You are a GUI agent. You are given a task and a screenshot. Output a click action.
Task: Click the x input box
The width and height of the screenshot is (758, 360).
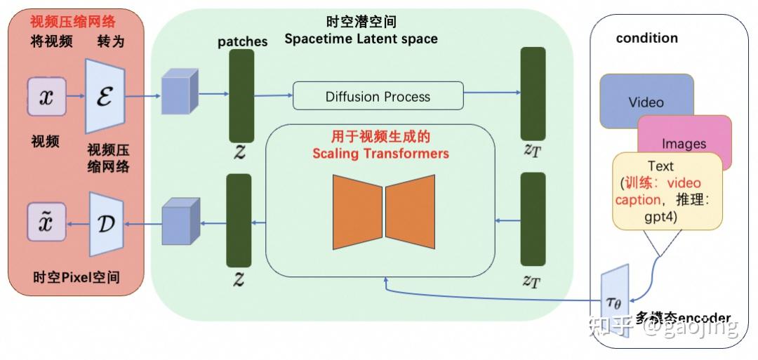46,97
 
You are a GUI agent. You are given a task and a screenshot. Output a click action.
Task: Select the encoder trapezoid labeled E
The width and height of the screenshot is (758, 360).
105,96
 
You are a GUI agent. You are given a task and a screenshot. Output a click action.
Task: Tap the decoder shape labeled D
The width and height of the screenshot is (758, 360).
107,223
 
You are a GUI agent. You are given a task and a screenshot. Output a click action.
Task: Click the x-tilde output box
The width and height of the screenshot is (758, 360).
46,223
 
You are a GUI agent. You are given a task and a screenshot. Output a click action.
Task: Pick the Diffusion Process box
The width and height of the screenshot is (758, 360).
378,96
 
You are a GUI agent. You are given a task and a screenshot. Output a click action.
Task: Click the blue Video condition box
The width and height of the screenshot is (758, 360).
646,101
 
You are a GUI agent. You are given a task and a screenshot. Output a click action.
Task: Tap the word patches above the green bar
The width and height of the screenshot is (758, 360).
242,41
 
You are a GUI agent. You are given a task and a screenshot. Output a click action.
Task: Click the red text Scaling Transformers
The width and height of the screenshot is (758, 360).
390,153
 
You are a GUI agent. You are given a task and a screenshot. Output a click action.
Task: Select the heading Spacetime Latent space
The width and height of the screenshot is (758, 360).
361,39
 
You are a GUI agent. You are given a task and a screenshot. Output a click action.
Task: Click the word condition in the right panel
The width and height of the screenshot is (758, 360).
646,38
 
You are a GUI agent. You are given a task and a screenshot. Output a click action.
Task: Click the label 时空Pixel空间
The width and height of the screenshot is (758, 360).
76,277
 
